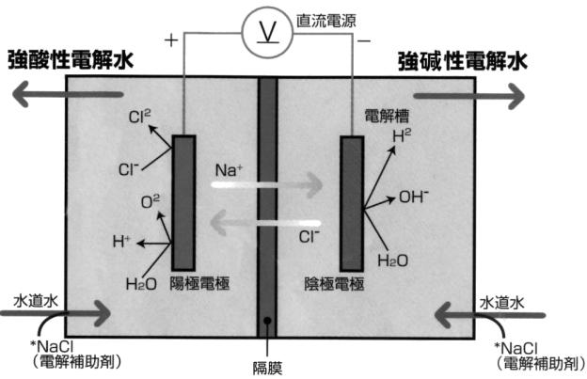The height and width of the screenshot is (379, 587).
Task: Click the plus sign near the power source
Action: click(171, 41)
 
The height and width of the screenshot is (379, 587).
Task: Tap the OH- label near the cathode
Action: click(415, 197)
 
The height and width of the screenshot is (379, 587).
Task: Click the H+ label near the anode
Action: click(121, 242)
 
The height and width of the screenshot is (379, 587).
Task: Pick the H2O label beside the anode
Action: click(141, 281)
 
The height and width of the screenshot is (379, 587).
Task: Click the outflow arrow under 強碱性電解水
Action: click(467, 95)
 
